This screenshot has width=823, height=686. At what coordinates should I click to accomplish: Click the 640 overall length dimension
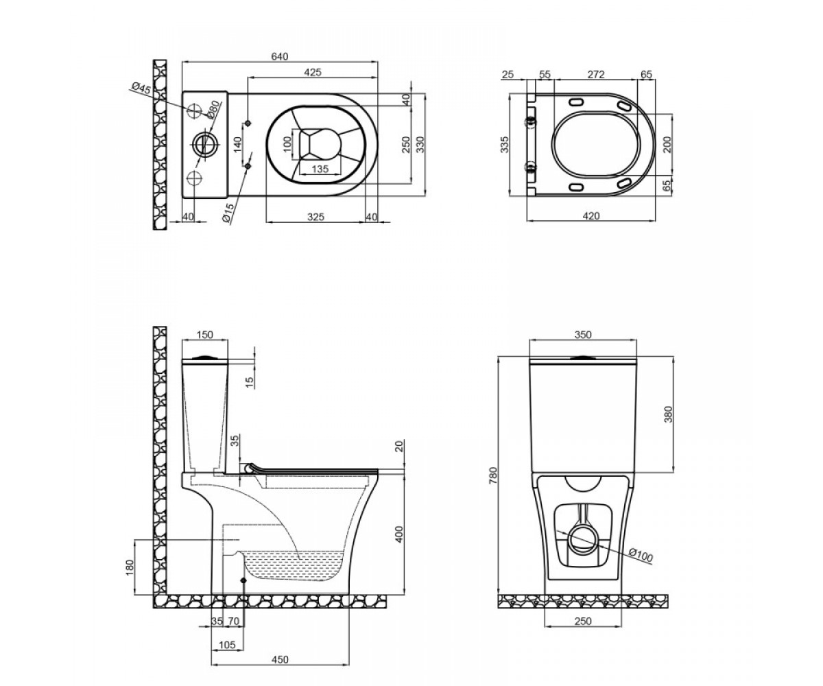279,56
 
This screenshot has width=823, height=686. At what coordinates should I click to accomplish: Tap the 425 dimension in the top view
313,72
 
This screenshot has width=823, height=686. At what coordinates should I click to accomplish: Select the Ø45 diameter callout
141,88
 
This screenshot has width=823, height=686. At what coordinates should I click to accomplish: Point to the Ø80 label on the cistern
213,109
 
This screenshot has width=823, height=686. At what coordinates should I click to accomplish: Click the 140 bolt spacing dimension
237,145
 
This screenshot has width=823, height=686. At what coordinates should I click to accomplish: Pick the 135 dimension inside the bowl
320,169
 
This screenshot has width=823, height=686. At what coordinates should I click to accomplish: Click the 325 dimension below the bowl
315,217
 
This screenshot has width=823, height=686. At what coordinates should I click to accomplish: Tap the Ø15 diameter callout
228,213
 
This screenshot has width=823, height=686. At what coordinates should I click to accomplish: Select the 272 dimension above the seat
595,74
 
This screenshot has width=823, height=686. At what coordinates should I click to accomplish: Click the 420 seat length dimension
591,215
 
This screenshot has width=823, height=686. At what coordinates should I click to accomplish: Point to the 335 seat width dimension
504,145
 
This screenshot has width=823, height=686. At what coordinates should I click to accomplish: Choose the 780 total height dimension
494,475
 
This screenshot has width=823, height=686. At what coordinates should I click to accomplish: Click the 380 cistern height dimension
668,414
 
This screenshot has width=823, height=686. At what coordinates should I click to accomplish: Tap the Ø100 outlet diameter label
641,555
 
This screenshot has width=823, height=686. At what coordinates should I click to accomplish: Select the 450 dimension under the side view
281,659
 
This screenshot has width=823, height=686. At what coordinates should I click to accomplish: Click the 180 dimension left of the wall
130,567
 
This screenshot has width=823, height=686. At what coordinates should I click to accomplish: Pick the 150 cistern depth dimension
204,335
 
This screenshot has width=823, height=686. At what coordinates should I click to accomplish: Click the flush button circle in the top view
204,145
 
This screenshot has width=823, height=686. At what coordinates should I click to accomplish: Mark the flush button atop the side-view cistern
204,357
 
